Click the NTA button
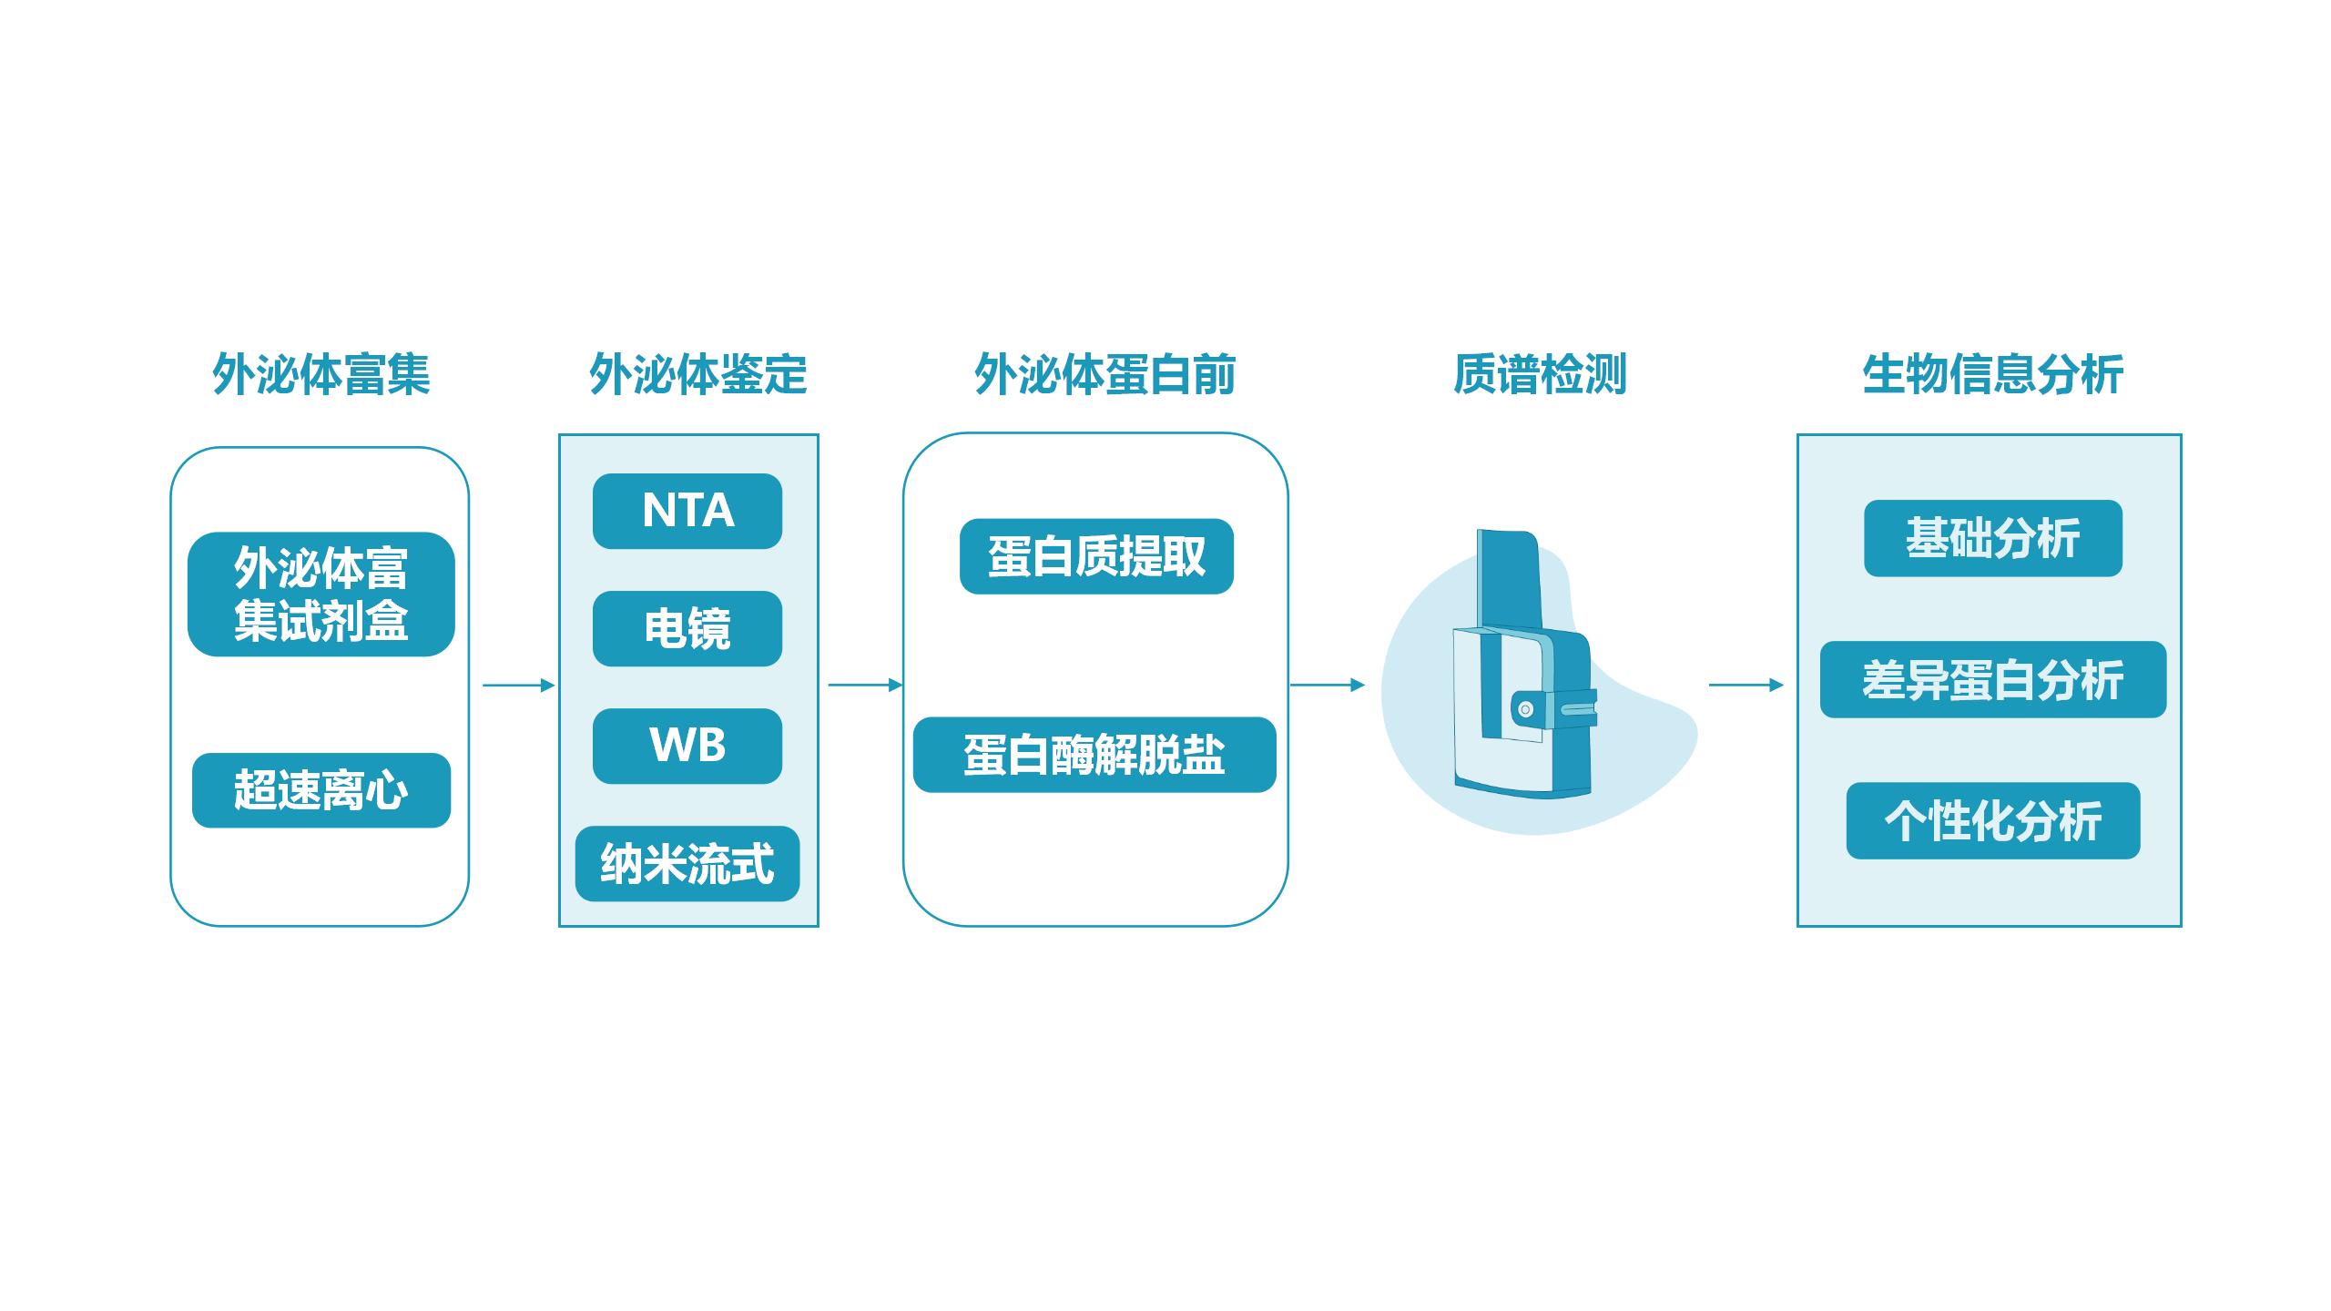tap(687, 511)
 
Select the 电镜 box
tap(687, 628)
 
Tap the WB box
tap(687, 746)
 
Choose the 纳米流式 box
tap(687, 863)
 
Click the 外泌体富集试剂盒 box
tap(321, 594)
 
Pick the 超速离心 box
tap(321, 789)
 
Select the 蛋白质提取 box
tap(1096, 556)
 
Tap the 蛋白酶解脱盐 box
tap(1094, 755)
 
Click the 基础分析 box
tap(1992, 538)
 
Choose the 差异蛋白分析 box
tap(1992, 679)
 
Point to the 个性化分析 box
tap(1992, 820)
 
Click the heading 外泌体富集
tap(321, 374)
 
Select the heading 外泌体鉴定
tap(698, 374)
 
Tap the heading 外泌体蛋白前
tap(1104, 374)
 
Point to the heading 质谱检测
tap(1539, 374)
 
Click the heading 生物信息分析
tap(1992, 374)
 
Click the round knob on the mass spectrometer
tap(1526, 709)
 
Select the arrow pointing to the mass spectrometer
tap(1328, 685)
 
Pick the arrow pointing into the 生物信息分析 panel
tap(1746, 685)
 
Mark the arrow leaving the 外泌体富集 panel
tap(518, 685)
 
